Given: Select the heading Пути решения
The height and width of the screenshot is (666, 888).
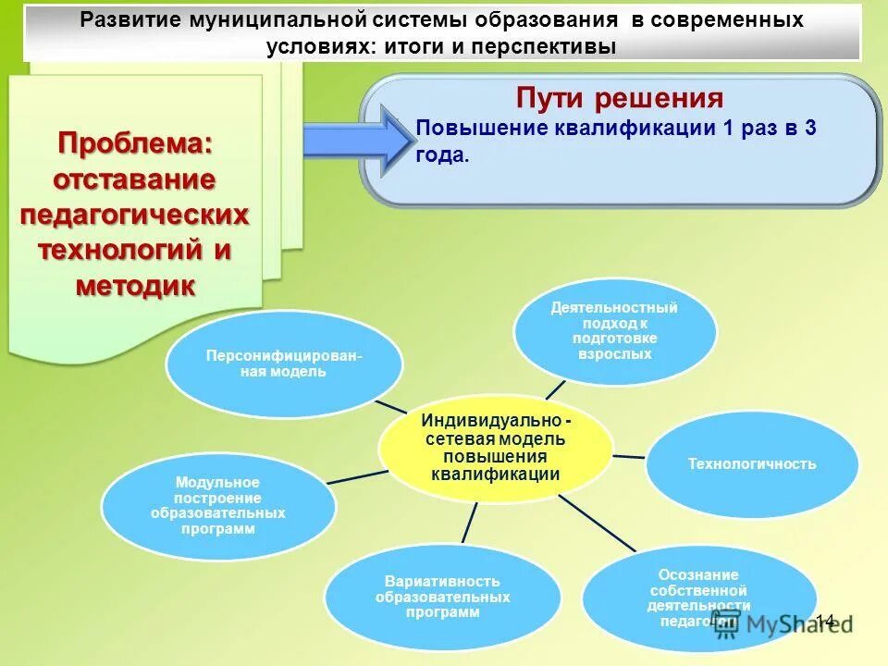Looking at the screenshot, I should (x=619, y=97).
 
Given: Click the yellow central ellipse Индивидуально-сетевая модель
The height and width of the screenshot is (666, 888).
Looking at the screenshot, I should (x=495, y=448).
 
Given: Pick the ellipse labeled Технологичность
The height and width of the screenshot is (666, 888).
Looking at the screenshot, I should (x=751, y=463).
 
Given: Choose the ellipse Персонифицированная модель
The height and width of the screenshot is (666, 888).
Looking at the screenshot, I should (x=284, y=364).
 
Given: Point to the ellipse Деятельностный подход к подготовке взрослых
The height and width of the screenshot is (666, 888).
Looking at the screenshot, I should (x=614, y=330).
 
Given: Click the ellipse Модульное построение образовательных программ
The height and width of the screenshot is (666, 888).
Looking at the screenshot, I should (x=217, y=506).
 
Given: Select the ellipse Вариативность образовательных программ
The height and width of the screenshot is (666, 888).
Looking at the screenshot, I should (x=442, y=597).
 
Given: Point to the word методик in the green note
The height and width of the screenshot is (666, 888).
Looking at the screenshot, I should (x=135, y=286).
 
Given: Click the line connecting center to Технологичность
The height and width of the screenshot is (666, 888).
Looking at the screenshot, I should (x=628, y=456).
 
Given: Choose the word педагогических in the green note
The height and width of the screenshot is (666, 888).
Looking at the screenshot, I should (x=135, y=215).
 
